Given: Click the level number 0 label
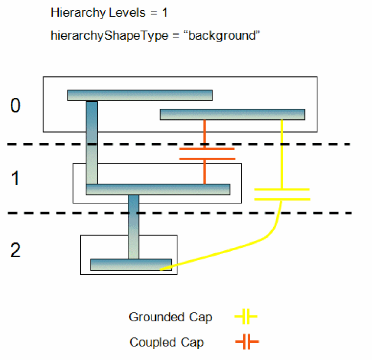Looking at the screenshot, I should [16, 106].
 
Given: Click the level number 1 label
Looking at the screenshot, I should [16, 179].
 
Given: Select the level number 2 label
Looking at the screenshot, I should [16, 250].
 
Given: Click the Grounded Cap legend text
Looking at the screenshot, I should [170, 317].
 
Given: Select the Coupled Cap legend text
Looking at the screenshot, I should [166, 342].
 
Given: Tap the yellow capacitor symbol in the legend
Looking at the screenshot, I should [246, 317].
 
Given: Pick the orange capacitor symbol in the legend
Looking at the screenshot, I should [247, 342].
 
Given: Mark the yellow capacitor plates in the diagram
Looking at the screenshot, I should [282, 194].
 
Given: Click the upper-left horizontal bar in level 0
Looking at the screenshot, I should [139, 95].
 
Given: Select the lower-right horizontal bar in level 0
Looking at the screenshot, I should [232, 114].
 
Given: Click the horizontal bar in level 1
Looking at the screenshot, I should [158, 189].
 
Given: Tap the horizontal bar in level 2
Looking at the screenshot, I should [131, 264].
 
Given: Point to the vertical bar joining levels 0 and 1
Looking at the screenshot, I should [92, 142].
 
